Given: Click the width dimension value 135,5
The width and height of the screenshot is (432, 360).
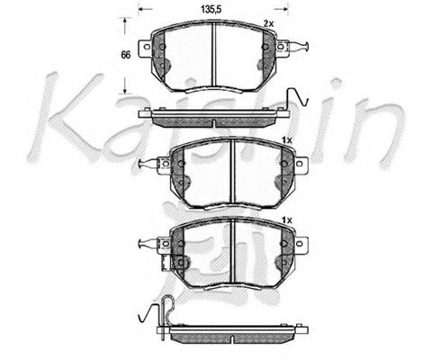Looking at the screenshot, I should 211,9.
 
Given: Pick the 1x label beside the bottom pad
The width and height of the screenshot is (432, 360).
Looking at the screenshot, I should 286,219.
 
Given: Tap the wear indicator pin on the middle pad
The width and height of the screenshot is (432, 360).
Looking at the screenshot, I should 147,163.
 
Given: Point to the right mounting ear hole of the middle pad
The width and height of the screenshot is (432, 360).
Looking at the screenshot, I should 302,163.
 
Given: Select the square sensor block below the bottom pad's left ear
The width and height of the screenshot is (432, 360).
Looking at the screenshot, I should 178,263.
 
